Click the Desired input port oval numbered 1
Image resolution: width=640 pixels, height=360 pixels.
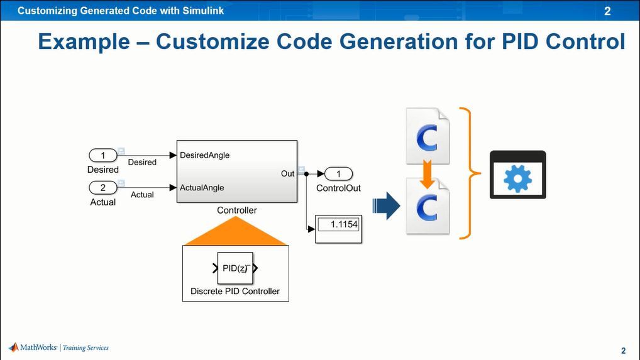[103, 156]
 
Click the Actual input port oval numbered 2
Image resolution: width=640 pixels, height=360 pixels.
[103, 188]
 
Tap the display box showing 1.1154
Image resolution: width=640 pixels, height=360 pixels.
[338, 225]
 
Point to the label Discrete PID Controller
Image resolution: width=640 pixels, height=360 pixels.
[235, 292]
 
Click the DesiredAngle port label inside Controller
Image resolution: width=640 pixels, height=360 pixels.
[205, 155]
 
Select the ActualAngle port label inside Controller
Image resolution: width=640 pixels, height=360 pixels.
[202, 188]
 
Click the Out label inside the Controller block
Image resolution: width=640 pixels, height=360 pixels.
[287, 173]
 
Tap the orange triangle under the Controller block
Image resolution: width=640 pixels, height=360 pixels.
[236, 232]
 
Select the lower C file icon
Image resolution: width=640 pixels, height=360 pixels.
[428, 206]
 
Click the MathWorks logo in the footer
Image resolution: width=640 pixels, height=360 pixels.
[14, 347]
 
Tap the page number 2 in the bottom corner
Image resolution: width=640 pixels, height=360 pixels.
[623, 351]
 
